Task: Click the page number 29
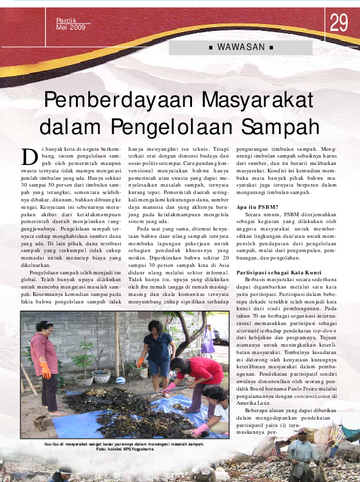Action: pos(339,23)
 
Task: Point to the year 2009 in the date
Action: pos(77,28)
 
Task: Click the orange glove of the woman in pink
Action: pos(45,370)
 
